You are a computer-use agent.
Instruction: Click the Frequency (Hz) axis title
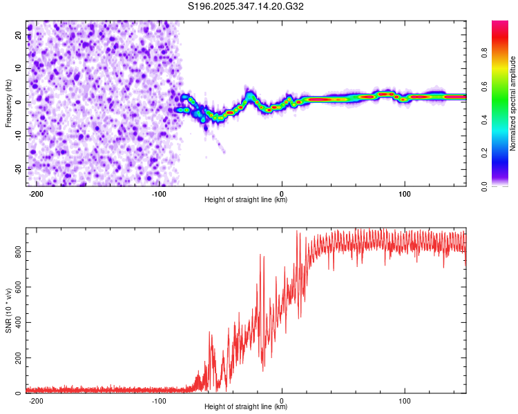coord(8,103)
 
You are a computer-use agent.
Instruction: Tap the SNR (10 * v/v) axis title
coord(8,310)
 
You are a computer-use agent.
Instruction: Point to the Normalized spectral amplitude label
coord(513,103)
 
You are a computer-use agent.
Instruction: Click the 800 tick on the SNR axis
coord(17,253)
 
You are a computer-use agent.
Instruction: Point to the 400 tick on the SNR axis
coord(17,323)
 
